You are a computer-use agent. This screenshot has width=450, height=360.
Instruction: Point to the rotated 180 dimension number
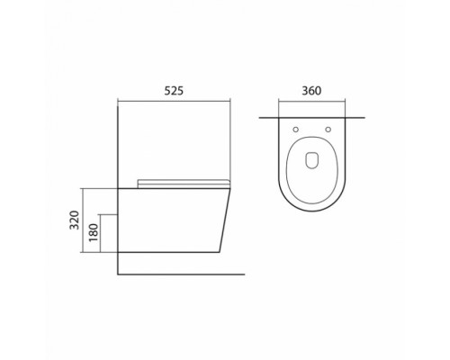click(94, 235)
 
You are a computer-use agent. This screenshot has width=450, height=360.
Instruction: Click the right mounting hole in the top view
click(330, 129)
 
